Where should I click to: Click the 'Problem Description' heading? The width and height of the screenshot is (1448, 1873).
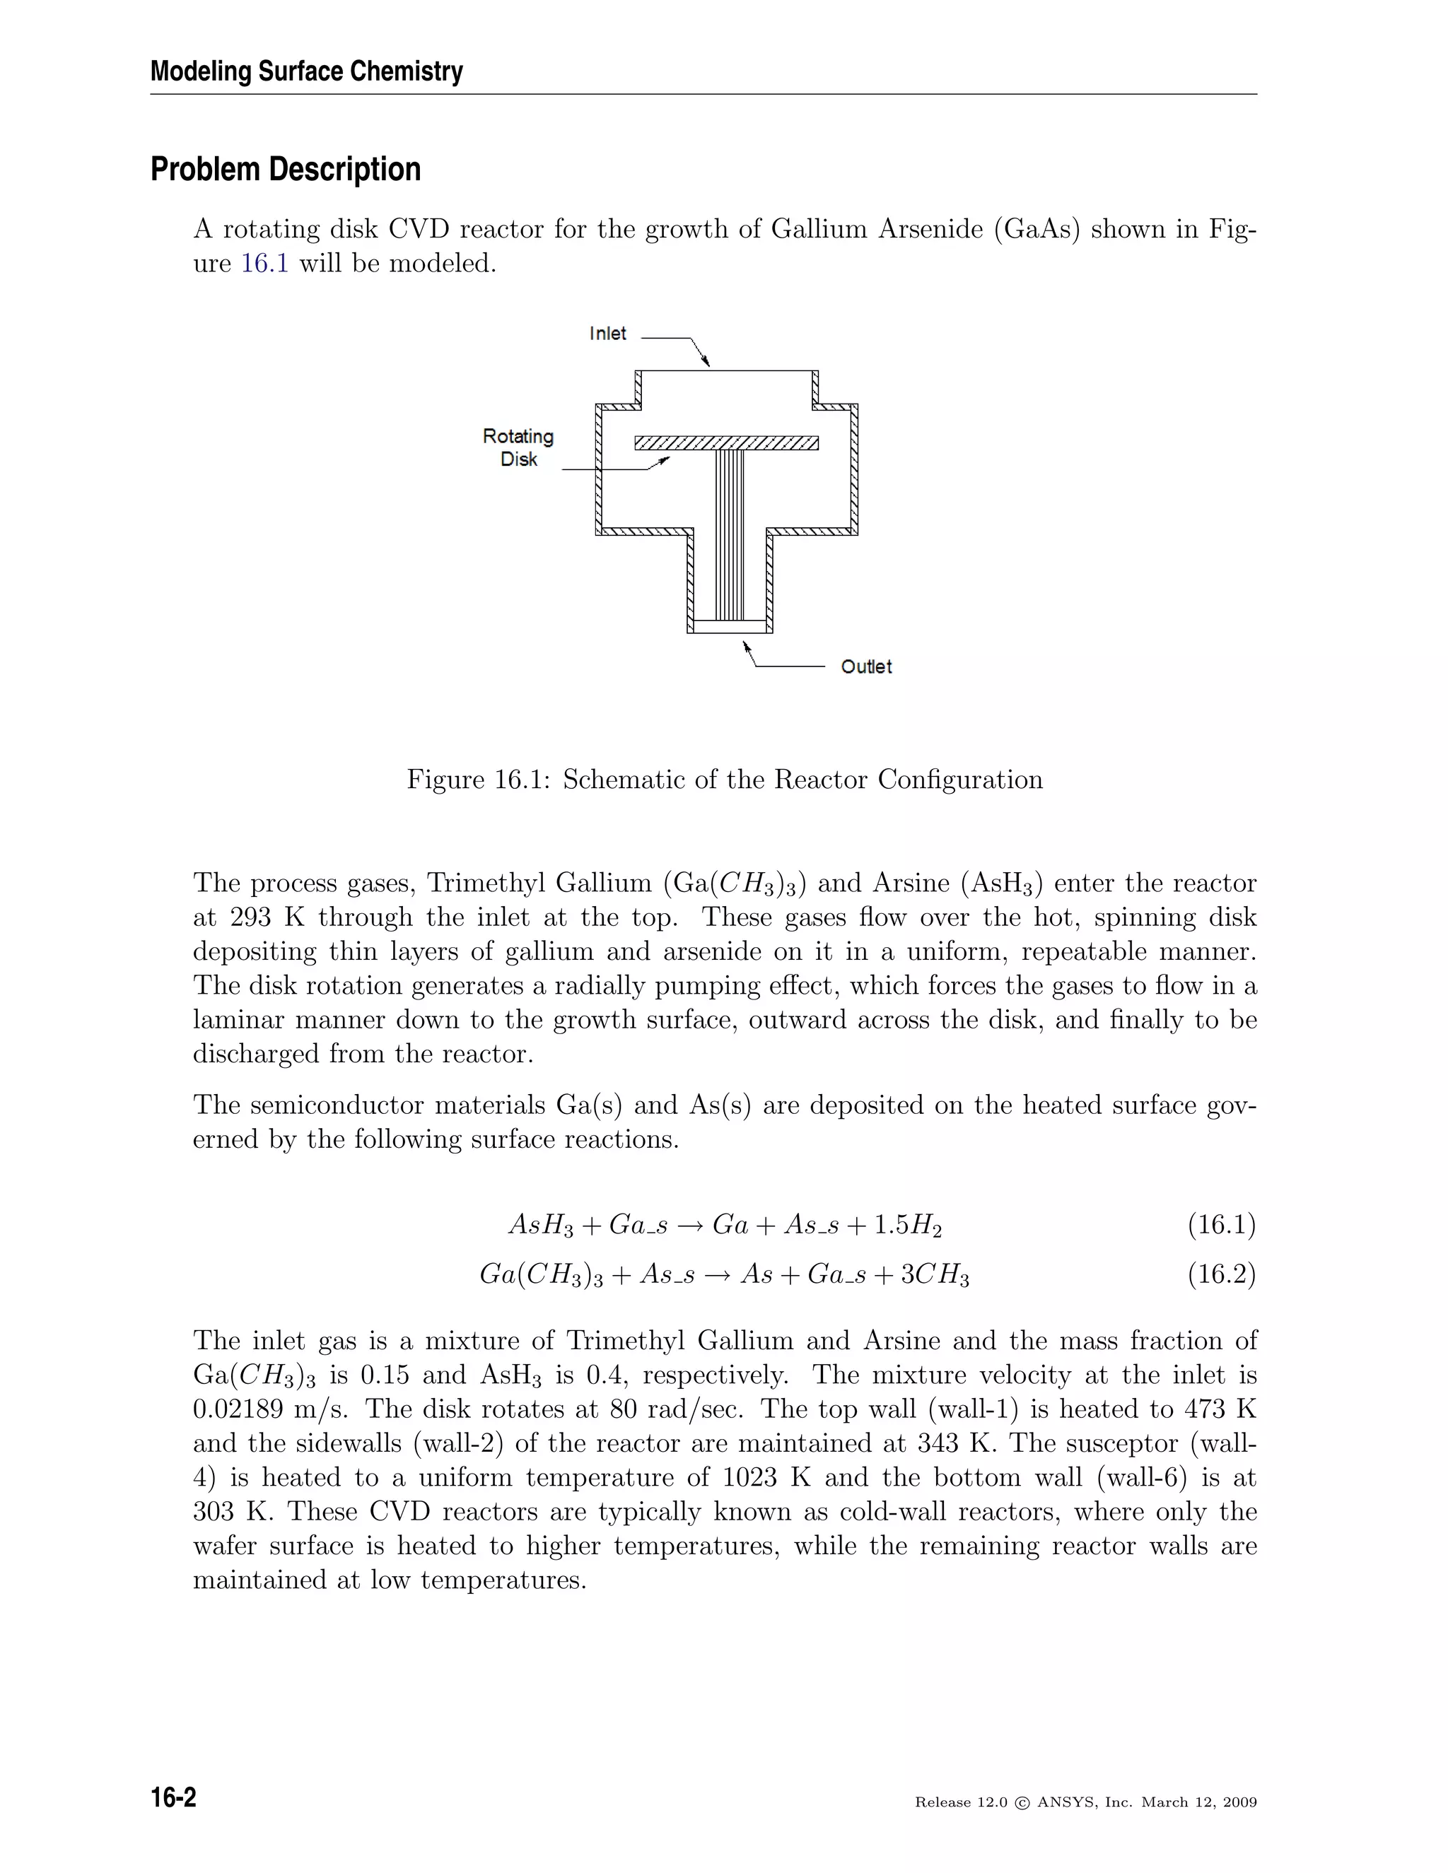tap(286, 170)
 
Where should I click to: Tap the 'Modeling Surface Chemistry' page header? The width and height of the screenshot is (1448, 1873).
tap(306, 71)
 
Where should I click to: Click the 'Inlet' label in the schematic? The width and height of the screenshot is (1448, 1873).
tap(607, 334)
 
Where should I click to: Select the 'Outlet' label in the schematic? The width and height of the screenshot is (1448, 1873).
tap(865, 667)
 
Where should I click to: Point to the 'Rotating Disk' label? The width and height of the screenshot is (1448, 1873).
tap(518, 447)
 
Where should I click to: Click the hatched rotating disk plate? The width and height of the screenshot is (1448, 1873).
tap(725, 442)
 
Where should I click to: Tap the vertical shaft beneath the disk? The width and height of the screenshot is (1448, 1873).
tap(730, 532)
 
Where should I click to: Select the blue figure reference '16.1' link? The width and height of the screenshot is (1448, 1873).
tap(264, 264)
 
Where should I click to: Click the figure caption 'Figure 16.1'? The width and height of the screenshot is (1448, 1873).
tap(479, 780)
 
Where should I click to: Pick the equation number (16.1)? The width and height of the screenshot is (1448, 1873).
tap(1222, 1225)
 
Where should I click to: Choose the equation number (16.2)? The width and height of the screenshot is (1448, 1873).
tap(1222, 1274)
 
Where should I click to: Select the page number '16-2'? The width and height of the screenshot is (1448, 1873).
tap(173, 1796)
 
